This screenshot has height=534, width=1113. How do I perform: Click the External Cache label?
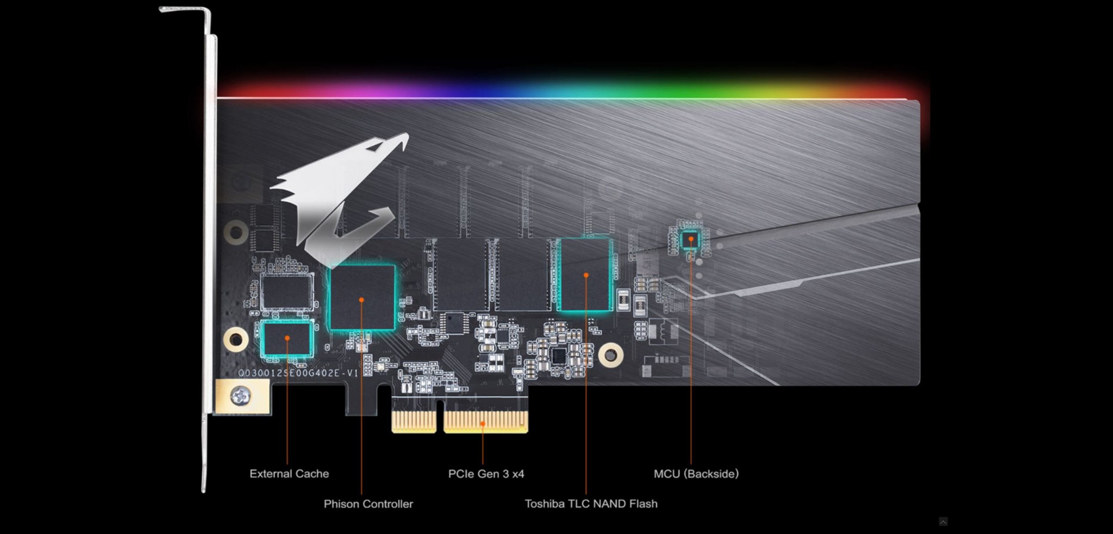click(x=289, y=474)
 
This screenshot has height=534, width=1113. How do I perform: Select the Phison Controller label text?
click(x=368, y=504)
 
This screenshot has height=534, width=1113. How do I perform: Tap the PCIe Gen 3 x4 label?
click(x=486, y=474)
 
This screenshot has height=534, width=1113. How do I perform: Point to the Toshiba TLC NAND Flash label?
click(x=591, y=504)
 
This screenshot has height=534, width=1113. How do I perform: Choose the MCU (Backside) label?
click(x=696, y=474)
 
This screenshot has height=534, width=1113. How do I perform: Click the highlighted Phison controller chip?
click(x=362, y=297)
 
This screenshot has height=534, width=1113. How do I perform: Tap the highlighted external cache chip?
click(x=287, y=338)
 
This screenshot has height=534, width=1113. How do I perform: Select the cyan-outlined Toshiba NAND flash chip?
click(x=586, y=275)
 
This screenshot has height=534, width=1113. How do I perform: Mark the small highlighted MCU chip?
click(x=691, y=239)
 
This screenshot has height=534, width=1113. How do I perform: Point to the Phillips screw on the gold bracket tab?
click(x=241, y=395)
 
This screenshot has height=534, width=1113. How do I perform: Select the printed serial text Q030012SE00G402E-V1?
click(x=298, y=373)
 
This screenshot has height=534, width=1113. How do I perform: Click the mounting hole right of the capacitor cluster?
click(x=611, y=355)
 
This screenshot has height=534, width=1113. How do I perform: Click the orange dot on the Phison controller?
click(x=361, y=300)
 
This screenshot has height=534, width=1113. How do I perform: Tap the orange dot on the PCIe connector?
click(x=483, y=423)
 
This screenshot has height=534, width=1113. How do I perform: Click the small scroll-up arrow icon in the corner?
click(x=943, y=521)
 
